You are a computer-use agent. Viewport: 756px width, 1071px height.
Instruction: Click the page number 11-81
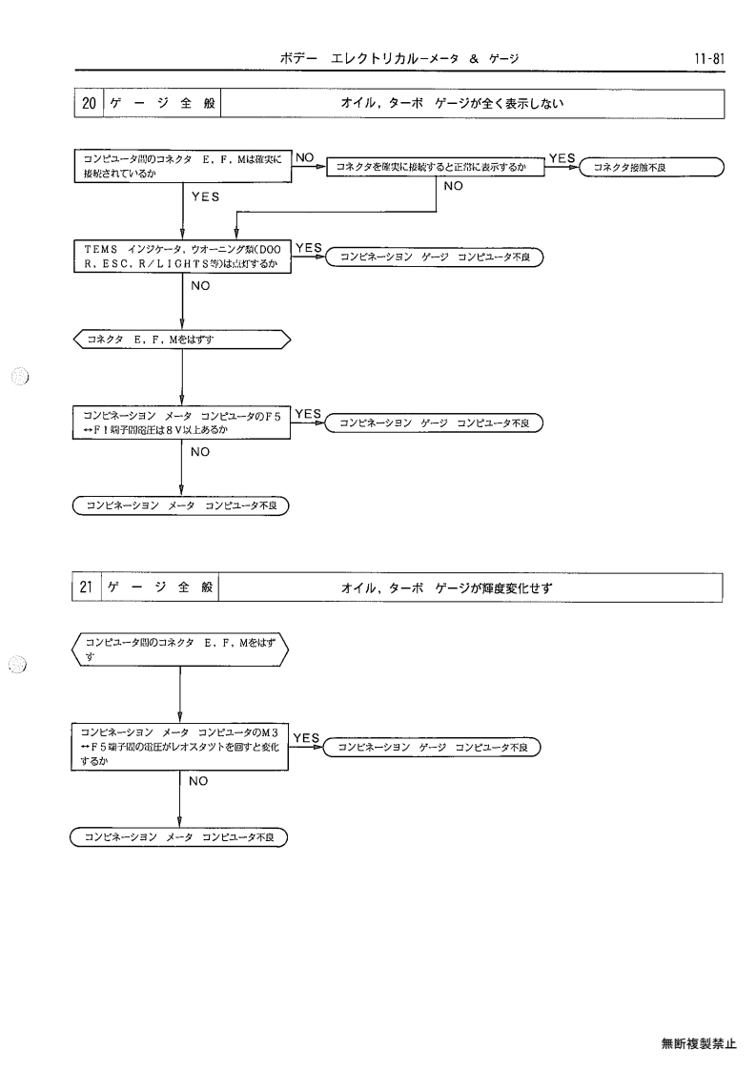[709, 58]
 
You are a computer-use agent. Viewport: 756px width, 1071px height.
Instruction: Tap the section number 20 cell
[89, 104]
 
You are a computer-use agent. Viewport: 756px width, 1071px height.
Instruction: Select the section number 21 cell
[87, 587]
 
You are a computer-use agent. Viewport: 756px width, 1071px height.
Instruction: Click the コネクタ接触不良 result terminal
[651, 167]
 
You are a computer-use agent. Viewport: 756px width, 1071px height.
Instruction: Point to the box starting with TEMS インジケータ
[182, 257]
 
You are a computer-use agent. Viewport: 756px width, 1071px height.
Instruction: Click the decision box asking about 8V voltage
[182, 422]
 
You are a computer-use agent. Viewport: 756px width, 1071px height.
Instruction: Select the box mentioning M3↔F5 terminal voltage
[179, 748]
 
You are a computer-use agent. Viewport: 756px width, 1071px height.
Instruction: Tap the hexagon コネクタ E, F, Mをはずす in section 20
[182, 340]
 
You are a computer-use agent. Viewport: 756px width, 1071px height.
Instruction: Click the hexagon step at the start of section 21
[180, 649]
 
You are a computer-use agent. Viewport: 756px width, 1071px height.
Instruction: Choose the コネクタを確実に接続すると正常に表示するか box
[436, 167]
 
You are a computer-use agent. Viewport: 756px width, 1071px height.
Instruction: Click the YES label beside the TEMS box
[309, 248]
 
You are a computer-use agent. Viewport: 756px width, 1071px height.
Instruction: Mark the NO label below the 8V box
[200, 452]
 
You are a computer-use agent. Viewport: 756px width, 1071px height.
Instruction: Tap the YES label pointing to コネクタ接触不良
[562, 158]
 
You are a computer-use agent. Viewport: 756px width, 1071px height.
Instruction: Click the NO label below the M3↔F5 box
[198, 781]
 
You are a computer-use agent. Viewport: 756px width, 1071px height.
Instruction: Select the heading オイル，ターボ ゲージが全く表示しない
[452, 104]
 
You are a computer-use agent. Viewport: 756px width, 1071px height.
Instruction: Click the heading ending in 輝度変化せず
[446, 587]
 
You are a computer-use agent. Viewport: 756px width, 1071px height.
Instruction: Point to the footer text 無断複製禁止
[699, 1043]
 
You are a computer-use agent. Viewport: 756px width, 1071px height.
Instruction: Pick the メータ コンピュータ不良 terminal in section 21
[179, 837]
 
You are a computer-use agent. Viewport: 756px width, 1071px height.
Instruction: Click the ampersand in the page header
[474, 59]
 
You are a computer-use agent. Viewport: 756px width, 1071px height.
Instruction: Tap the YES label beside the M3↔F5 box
[307, 738]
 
